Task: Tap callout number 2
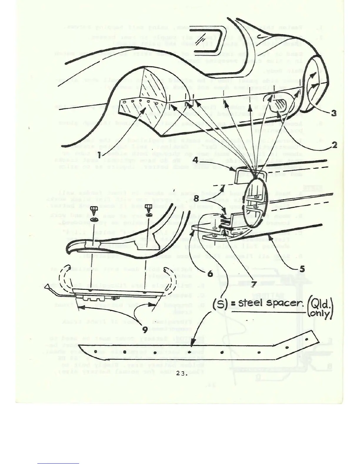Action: (334, 145)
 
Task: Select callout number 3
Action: (334, 113)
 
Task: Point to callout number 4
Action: (196, 160)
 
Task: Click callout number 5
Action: (301, 269)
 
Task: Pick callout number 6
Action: (210, 274)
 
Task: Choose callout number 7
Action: (254, 284)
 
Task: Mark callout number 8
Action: (196, 198)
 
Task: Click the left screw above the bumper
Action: (94, 211)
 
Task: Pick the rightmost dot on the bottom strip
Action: (307, 339)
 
